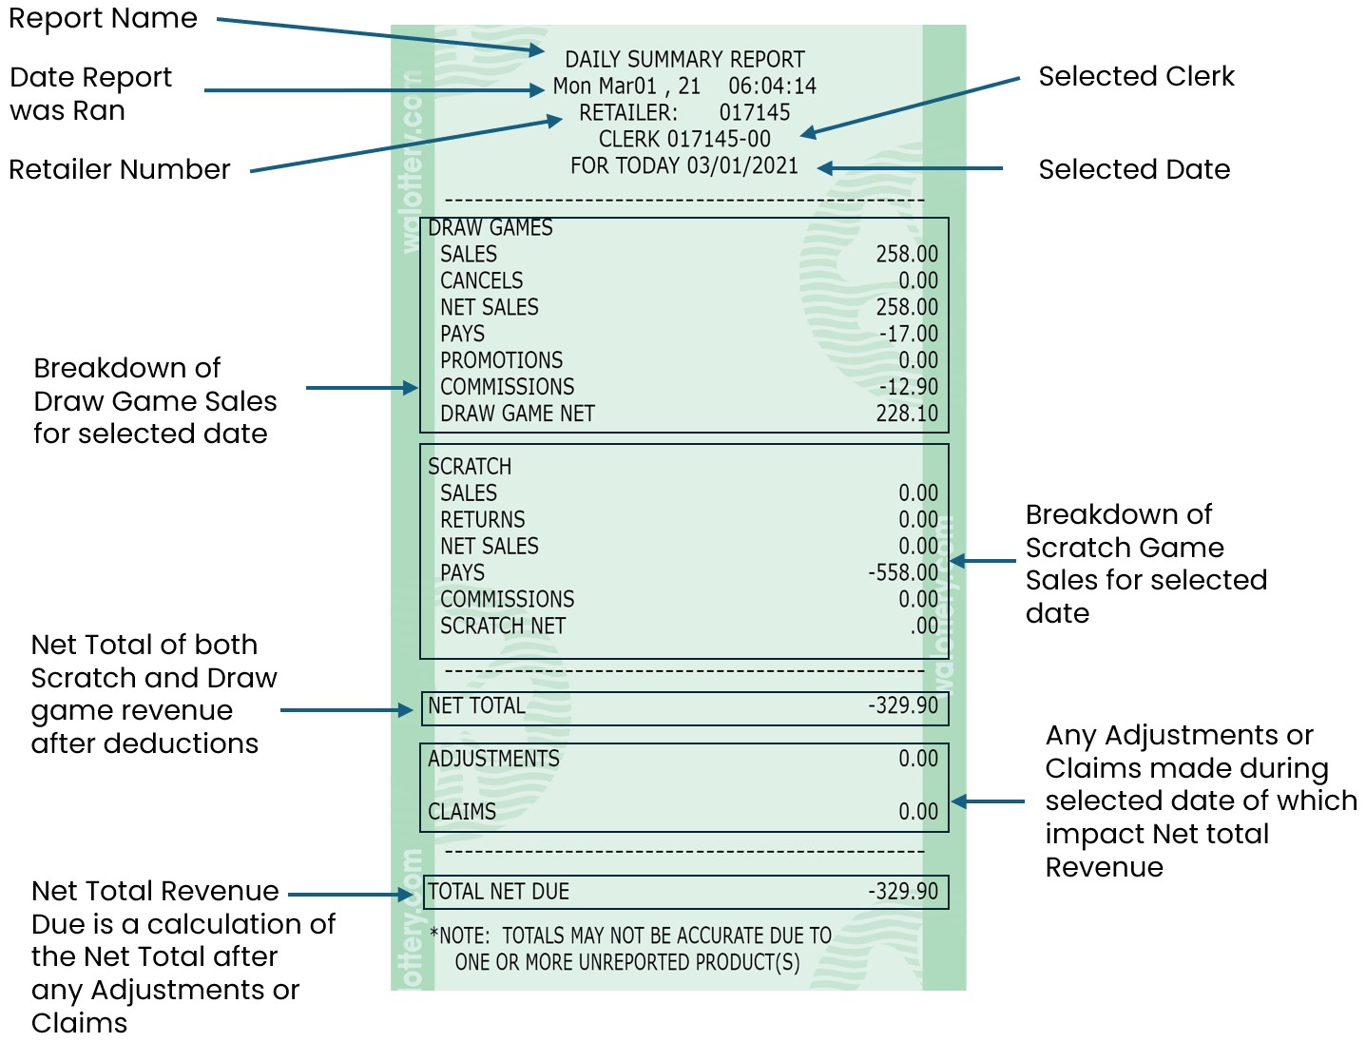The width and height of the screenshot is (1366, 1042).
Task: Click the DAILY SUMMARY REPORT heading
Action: pyautogui.click(x=684, y=59)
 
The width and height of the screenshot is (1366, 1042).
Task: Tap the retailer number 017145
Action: pyautogui.click(x=754, y=112)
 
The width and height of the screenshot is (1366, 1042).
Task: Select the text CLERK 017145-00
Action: pyautogui.click(x=684, y=139)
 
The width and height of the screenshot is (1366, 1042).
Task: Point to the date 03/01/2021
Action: pyautogui.click(x=742, y=165)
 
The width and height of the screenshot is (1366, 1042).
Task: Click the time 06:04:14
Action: pyautogui.click(x=772, y=86)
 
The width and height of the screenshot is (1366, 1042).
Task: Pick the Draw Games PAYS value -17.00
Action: pyautogui.click(x=908, y=334)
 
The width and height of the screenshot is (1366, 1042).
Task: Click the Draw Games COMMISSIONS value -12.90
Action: pyautogui.click(x=908, y=387)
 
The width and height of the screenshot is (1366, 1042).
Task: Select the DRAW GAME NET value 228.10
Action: pyautogui.click(x=906, y=414)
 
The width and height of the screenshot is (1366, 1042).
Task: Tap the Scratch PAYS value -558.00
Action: pyautogui.click(x=902, y=572)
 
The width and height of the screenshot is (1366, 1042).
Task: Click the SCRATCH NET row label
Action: pyautogui.click(x=502, y=626)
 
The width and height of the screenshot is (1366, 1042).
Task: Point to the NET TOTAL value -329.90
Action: pyautogui.click(x=902, y=705)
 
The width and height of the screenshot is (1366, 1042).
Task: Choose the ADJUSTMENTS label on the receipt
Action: pyautogui.click(x=493, y=759)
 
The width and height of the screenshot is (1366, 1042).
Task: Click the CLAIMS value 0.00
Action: pyautogui.click(x=917, y=812)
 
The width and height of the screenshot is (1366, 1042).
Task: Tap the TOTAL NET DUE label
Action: pyautogui.click(x=498, y=892)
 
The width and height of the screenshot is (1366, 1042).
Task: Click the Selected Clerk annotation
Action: pyautogui.click(x=1136, y=76)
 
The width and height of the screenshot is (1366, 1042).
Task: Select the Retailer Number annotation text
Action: pyautogui.click(x=120, y=169)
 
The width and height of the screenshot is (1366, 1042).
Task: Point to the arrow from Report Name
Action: pyautogui.click(x=380, y=34)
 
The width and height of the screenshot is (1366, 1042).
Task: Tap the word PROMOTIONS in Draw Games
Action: pyautogui.click(x=501, y=360)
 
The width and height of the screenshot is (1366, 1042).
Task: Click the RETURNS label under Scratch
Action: pyautogui.click(x=482, y=519)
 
